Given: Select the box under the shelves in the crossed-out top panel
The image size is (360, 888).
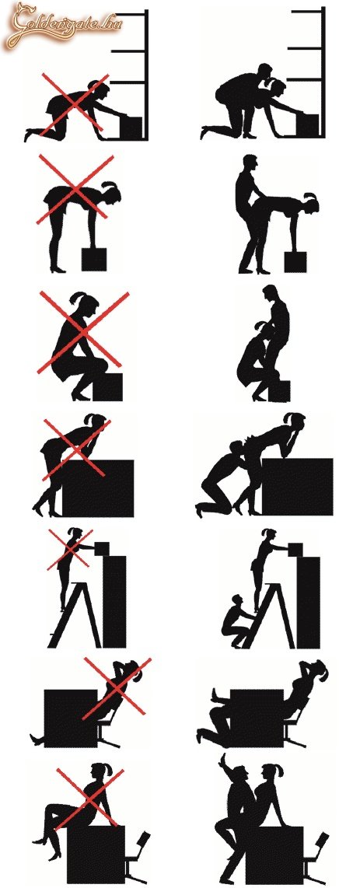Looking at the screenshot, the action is pos(130,126).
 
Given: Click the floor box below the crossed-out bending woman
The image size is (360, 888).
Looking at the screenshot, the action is pos(94,258).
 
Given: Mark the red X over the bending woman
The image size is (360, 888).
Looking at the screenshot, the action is pos(75,189).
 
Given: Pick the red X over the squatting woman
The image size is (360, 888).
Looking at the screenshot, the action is pos(83,333).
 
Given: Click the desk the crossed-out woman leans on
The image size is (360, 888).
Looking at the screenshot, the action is pos(97,488).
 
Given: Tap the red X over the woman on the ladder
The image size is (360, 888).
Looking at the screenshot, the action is pos(70,549).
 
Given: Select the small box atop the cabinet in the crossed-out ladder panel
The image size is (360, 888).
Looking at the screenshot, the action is pos(102,548).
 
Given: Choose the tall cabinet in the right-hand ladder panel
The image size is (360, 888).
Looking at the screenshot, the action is pos(308,602).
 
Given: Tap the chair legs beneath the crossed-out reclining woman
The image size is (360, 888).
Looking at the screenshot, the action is pos(107,735).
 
